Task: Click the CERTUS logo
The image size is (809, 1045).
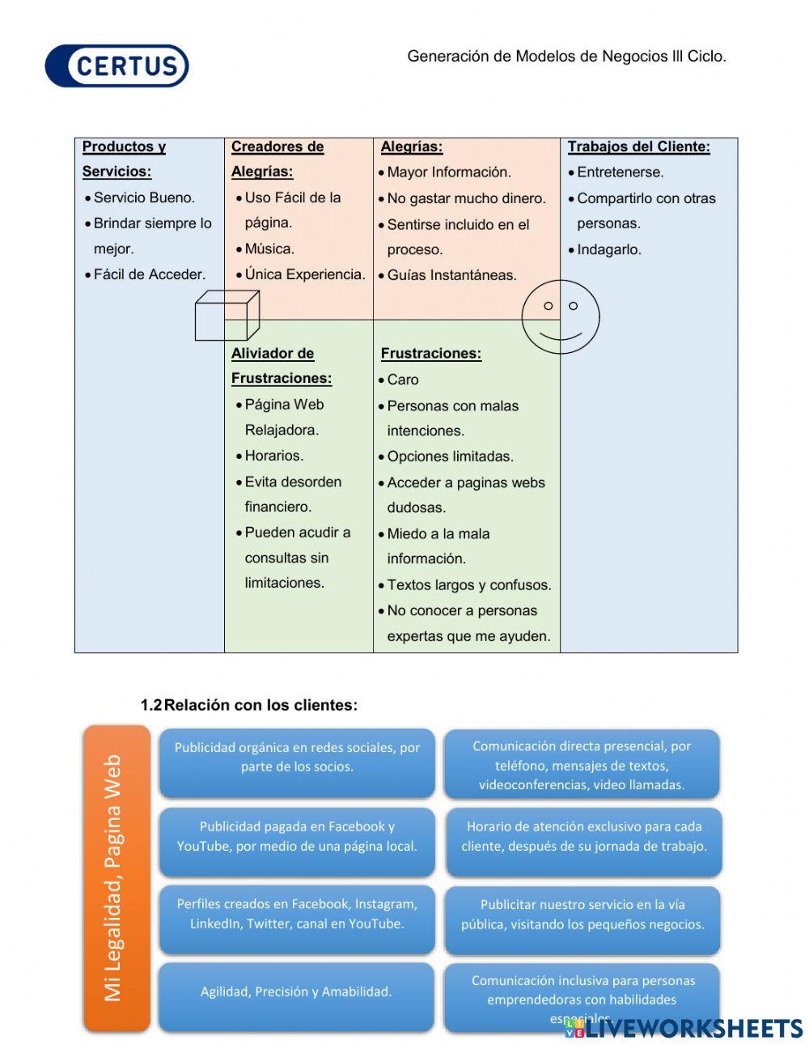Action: click(x=117, y=66)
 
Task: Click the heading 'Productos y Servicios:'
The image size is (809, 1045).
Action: click(x=124, y=159)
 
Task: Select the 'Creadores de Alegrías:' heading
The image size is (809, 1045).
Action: click(x=277, y=159)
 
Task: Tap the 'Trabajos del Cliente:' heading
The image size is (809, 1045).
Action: click(x=638, y=147)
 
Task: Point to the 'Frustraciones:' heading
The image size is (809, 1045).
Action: click(x=430, y=353)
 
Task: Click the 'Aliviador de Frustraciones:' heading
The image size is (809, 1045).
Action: click(x=281, y=365)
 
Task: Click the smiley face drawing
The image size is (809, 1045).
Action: click(x=560, y=316)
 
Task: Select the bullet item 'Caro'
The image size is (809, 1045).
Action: click(x=402, y=379)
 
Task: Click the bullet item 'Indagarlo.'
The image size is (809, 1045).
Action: click(x=608, y=249)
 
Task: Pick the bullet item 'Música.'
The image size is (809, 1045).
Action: click(x=269, y=249)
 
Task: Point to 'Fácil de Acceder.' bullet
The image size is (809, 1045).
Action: click(x=149, y=274)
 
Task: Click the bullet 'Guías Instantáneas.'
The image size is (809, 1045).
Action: click(x=451, y=275)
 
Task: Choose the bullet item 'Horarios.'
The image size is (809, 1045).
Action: click(x=273, y=455)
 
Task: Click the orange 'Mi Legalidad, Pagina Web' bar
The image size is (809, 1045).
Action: click(x=116, y=877)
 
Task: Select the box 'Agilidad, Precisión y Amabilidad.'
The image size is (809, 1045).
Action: click(x=296, y=992)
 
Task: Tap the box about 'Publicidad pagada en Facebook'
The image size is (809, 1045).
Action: click(x=297, y=837)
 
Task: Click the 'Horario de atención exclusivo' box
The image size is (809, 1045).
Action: click(x=583, y=837)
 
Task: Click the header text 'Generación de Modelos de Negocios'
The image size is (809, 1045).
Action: click(x=566, y=57)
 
